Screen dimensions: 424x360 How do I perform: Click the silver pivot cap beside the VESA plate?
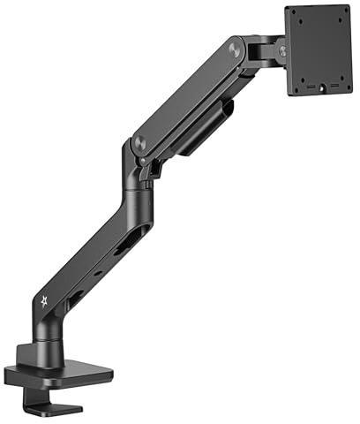click(283, 52)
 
